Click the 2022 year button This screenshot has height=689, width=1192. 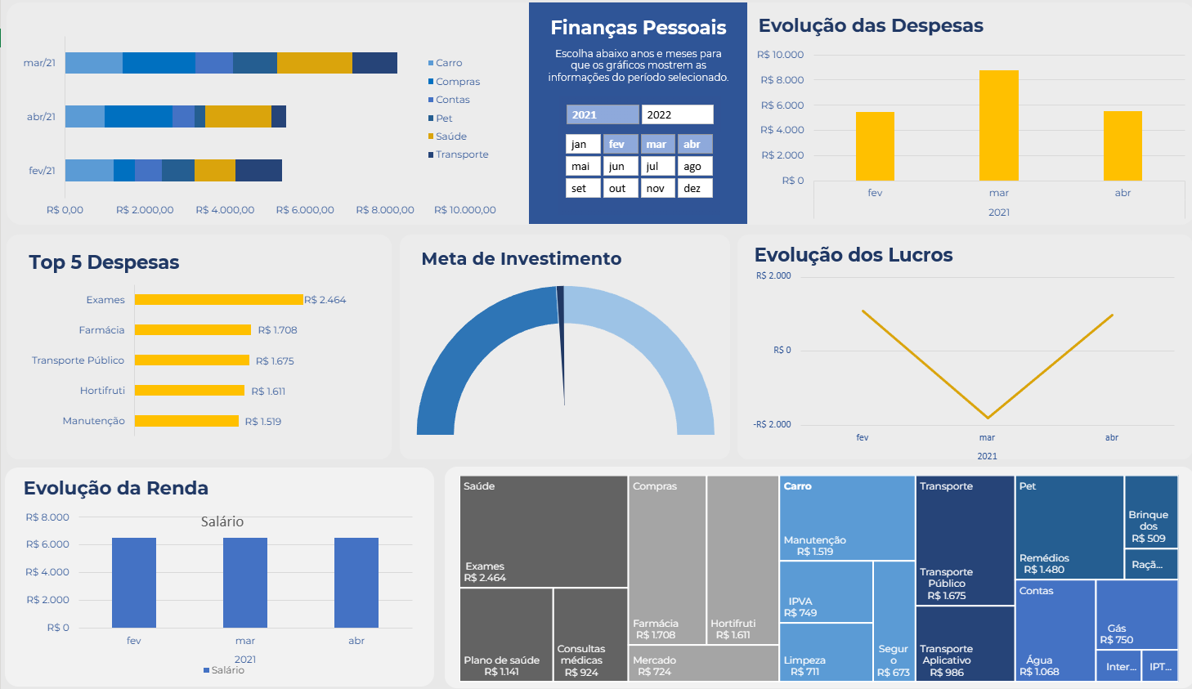pos(677,114)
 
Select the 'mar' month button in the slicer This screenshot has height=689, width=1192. pos(657,144)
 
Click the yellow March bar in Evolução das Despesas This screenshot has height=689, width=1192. pos(998,126)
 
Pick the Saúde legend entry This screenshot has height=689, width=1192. pos(450,136)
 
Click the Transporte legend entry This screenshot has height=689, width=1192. pos(460,154)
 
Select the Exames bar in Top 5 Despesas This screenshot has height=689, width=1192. pos(218,300)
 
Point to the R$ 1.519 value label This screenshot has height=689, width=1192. pos(263,422)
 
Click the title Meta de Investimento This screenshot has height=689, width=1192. pos(521,259)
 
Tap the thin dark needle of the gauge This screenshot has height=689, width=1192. pos(562,343)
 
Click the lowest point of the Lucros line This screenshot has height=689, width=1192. pos(988,418)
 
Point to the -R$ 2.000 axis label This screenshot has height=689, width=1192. pos(772,424)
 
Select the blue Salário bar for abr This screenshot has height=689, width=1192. pos(356,582)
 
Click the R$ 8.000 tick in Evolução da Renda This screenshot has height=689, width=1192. pos(47,517)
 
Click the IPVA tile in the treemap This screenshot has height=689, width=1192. pos(826,592)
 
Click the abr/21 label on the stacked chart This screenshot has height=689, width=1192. pos(41,117)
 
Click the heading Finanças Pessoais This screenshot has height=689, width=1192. pos(638,28)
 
